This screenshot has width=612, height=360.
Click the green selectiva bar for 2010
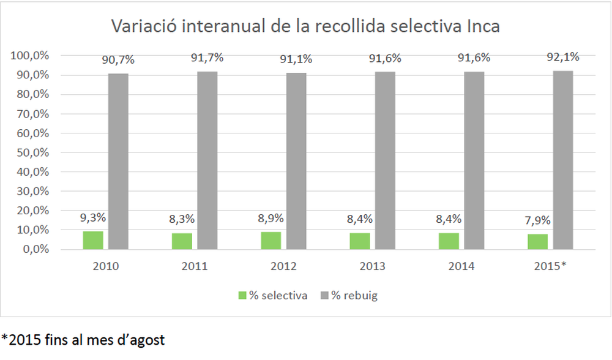coord(93,240)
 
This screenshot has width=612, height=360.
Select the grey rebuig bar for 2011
coord(207,160)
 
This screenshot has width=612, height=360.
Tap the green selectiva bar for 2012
coord(271,241)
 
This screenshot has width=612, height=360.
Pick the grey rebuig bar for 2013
coord(385,160)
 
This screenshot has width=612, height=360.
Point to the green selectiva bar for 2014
coord(449,241)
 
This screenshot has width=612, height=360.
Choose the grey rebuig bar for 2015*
coord(563,160)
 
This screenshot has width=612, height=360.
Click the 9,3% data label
coord(93,217)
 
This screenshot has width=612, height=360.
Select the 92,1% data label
coord(563,57)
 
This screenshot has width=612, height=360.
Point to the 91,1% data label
coord(296,59)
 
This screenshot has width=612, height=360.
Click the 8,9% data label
coord(271,219)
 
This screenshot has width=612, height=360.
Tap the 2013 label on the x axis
coord(373,266)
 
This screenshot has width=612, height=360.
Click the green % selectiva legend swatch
coord(241,295)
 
